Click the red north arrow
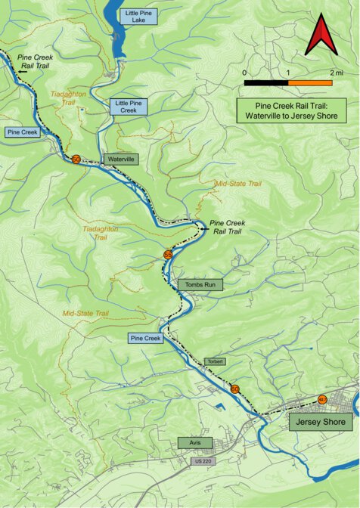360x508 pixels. pyautogui.click(x=321, y=38)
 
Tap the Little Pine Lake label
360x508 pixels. pyautogui.click(x=138, y=16)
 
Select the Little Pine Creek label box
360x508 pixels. pyautogui.click(x=127, y=106)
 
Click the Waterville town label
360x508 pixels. pyautogui.click(x=121, y=160)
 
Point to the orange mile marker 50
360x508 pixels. pyautogui.click(x=76, y=159)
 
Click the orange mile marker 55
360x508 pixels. pyautogui.click(x=168, y=256)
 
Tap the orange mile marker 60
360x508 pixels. pyautogui.click(x=235, y=389)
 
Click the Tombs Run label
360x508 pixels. pyautogui.click(x=201, y=284)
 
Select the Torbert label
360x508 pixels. pyautogui.click(x=216, y=362)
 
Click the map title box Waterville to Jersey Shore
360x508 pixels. pyautogui.click(x=290, y=112)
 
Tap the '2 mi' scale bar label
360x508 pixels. pyautogui.click(x=337, y=73)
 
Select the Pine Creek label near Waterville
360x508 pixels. pyautogui.click(x=23, y=132)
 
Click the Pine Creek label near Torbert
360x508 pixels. pyautogui.click(x=146, y=338)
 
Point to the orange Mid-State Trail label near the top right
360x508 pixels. pyautogui.click(x=239, y=184)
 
